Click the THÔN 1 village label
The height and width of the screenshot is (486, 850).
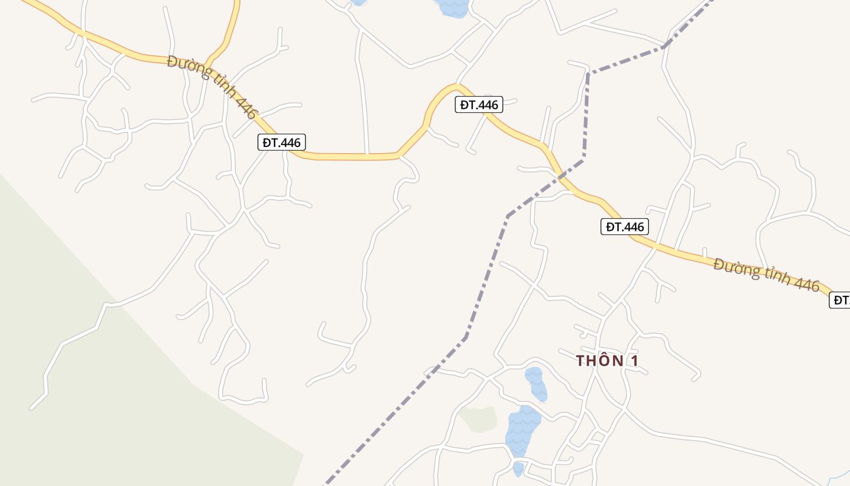pos(607,361)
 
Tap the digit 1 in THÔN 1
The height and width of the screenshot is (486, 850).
pos(634,361)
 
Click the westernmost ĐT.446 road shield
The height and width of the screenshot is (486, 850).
pos(282,143)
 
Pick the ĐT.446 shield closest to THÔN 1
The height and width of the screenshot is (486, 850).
pos(625,227)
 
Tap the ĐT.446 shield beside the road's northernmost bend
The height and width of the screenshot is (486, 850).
pos(479,105)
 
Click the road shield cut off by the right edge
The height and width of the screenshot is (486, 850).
pos(840,299)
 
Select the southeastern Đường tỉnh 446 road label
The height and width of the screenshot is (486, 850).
pos(766,275)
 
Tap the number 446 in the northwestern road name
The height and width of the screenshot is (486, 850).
pos(248,108)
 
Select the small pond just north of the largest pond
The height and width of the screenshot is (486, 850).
pos(536,383)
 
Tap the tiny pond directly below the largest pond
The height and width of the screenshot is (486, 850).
pos(518,468)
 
